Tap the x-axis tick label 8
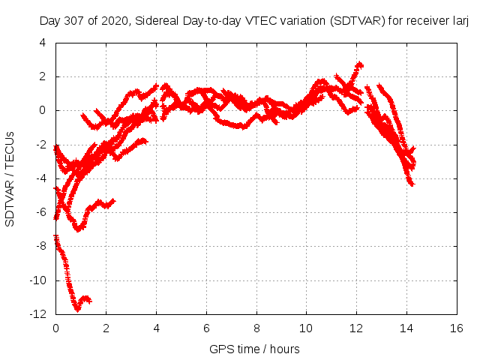click(256, 328)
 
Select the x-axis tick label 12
click(356, 328)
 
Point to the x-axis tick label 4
click(156, 328)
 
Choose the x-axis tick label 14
click(406, 328)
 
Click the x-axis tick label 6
click(206, 328)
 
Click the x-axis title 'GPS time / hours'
click(255, 349)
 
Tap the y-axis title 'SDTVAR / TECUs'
click(10, 178)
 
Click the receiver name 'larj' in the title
click(459, 20)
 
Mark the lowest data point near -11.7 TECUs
click(77, 308)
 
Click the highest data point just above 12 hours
click(360, 64)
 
